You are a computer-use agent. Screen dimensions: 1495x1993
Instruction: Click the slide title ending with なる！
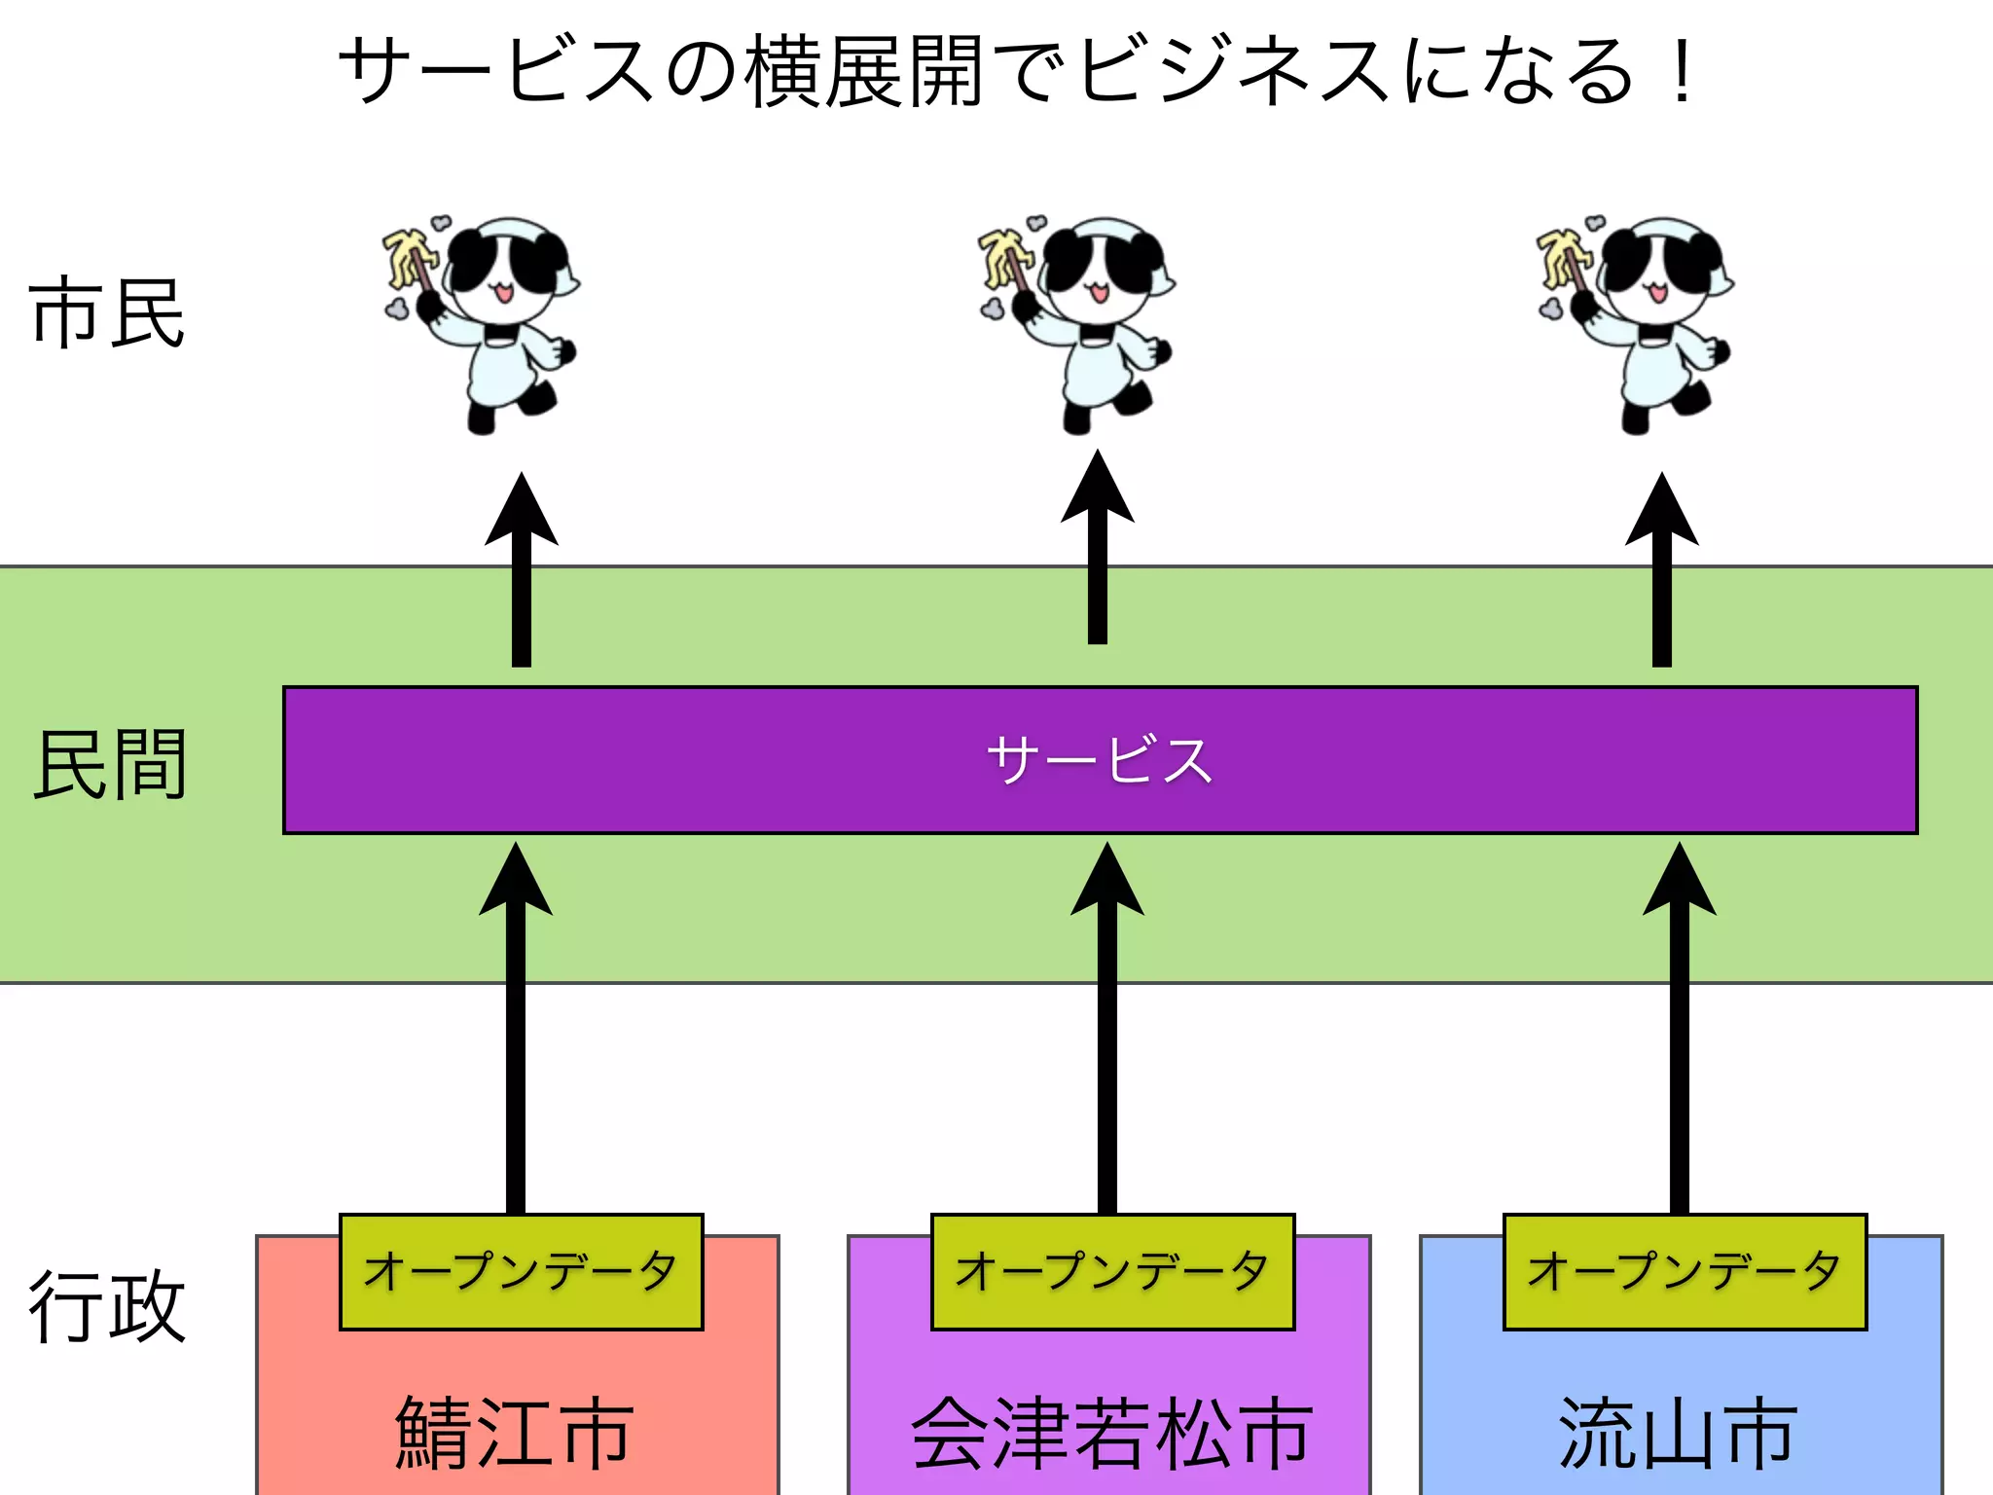(1017, 70)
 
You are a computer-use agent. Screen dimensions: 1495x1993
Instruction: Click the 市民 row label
(107, 312)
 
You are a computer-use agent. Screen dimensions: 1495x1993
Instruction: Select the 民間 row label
(109, 765)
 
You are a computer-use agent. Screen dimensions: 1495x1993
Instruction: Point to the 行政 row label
(107, 1307)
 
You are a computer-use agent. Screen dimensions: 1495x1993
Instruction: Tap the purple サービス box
(1100, 760)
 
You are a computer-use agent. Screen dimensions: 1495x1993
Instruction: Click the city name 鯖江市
(516, 1432)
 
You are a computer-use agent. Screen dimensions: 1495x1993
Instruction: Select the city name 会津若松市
(1109, 1432)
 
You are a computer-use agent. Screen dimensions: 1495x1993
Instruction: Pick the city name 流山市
(1679, 1432)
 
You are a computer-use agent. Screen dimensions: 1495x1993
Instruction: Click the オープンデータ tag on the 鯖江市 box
(521, 1271)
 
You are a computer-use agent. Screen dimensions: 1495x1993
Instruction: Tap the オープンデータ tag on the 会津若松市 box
(1112, 1271)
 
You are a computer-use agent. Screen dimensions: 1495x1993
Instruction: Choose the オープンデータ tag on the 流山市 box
(1685, 1271)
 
